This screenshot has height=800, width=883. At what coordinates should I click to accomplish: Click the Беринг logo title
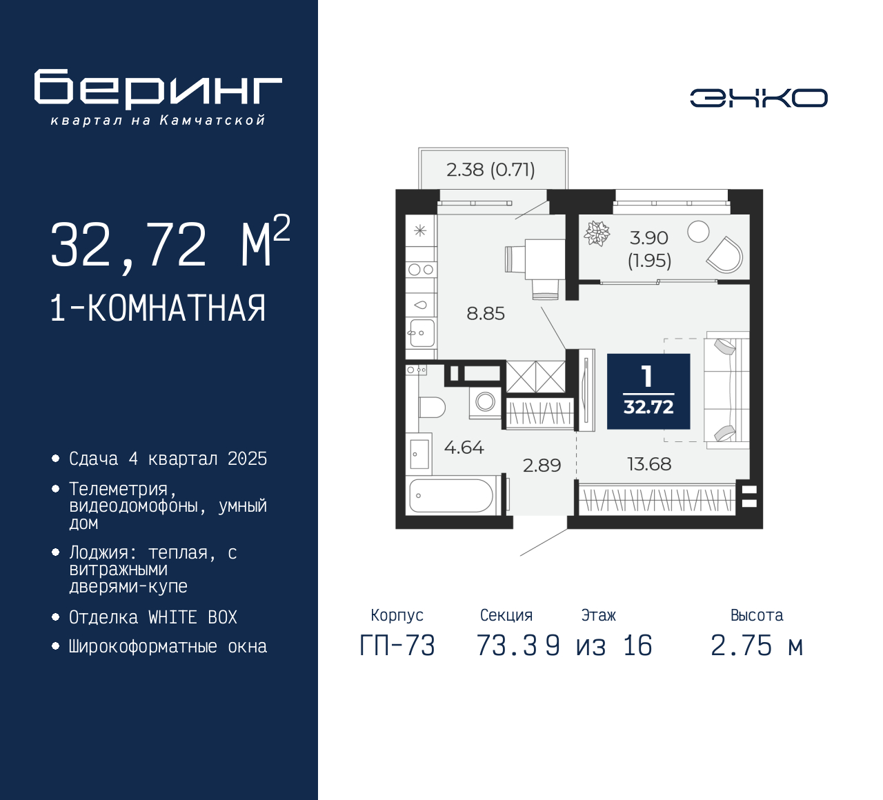pos(158,89)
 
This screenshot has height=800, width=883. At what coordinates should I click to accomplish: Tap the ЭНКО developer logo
pos(758,98)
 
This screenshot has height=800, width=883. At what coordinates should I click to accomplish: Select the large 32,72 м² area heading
pos(170,243)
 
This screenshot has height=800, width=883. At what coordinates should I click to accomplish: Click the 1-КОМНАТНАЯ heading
pos(158,308)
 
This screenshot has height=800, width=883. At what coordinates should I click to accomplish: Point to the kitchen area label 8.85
pos(486,314)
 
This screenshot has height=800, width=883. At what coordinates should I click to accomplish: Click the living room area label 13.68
pos(648,464)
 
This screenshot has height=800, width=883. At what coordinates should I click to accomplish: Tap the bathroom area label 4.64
pos(464,448)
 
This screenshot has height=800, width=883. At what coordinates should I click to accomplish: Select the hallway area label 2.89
pos(542,466)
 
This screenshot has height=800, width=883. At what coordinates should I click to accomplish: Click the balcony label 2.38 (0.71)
pos(490,170)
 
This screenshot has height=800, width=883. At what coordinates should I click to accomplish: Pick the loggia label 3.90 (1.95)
pos(649,249)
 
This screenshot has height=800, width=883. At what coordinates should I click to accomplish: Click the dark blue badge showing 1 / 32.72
pos(648,392)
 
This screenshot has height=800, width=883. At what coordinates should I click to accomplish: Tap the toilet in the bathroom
pos(430,408)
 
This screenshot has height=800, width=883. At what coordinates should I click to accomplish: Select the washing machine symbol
pos(485,401)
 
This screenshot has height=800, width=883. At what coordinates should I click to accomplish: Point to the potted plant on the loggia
pos(597,234)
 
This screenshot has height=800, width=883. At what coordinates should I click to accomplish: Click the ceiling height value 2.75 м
pos(757,646)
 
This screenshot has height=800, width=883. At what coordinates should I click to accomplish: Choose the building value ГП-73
pos(397,646)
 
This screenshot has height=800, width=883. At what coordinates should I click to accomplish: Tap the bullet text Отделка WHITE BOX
pos(153,617)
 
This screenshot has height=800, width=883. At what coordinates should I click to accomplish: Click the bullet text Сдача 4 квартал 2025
pos(168,459)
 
